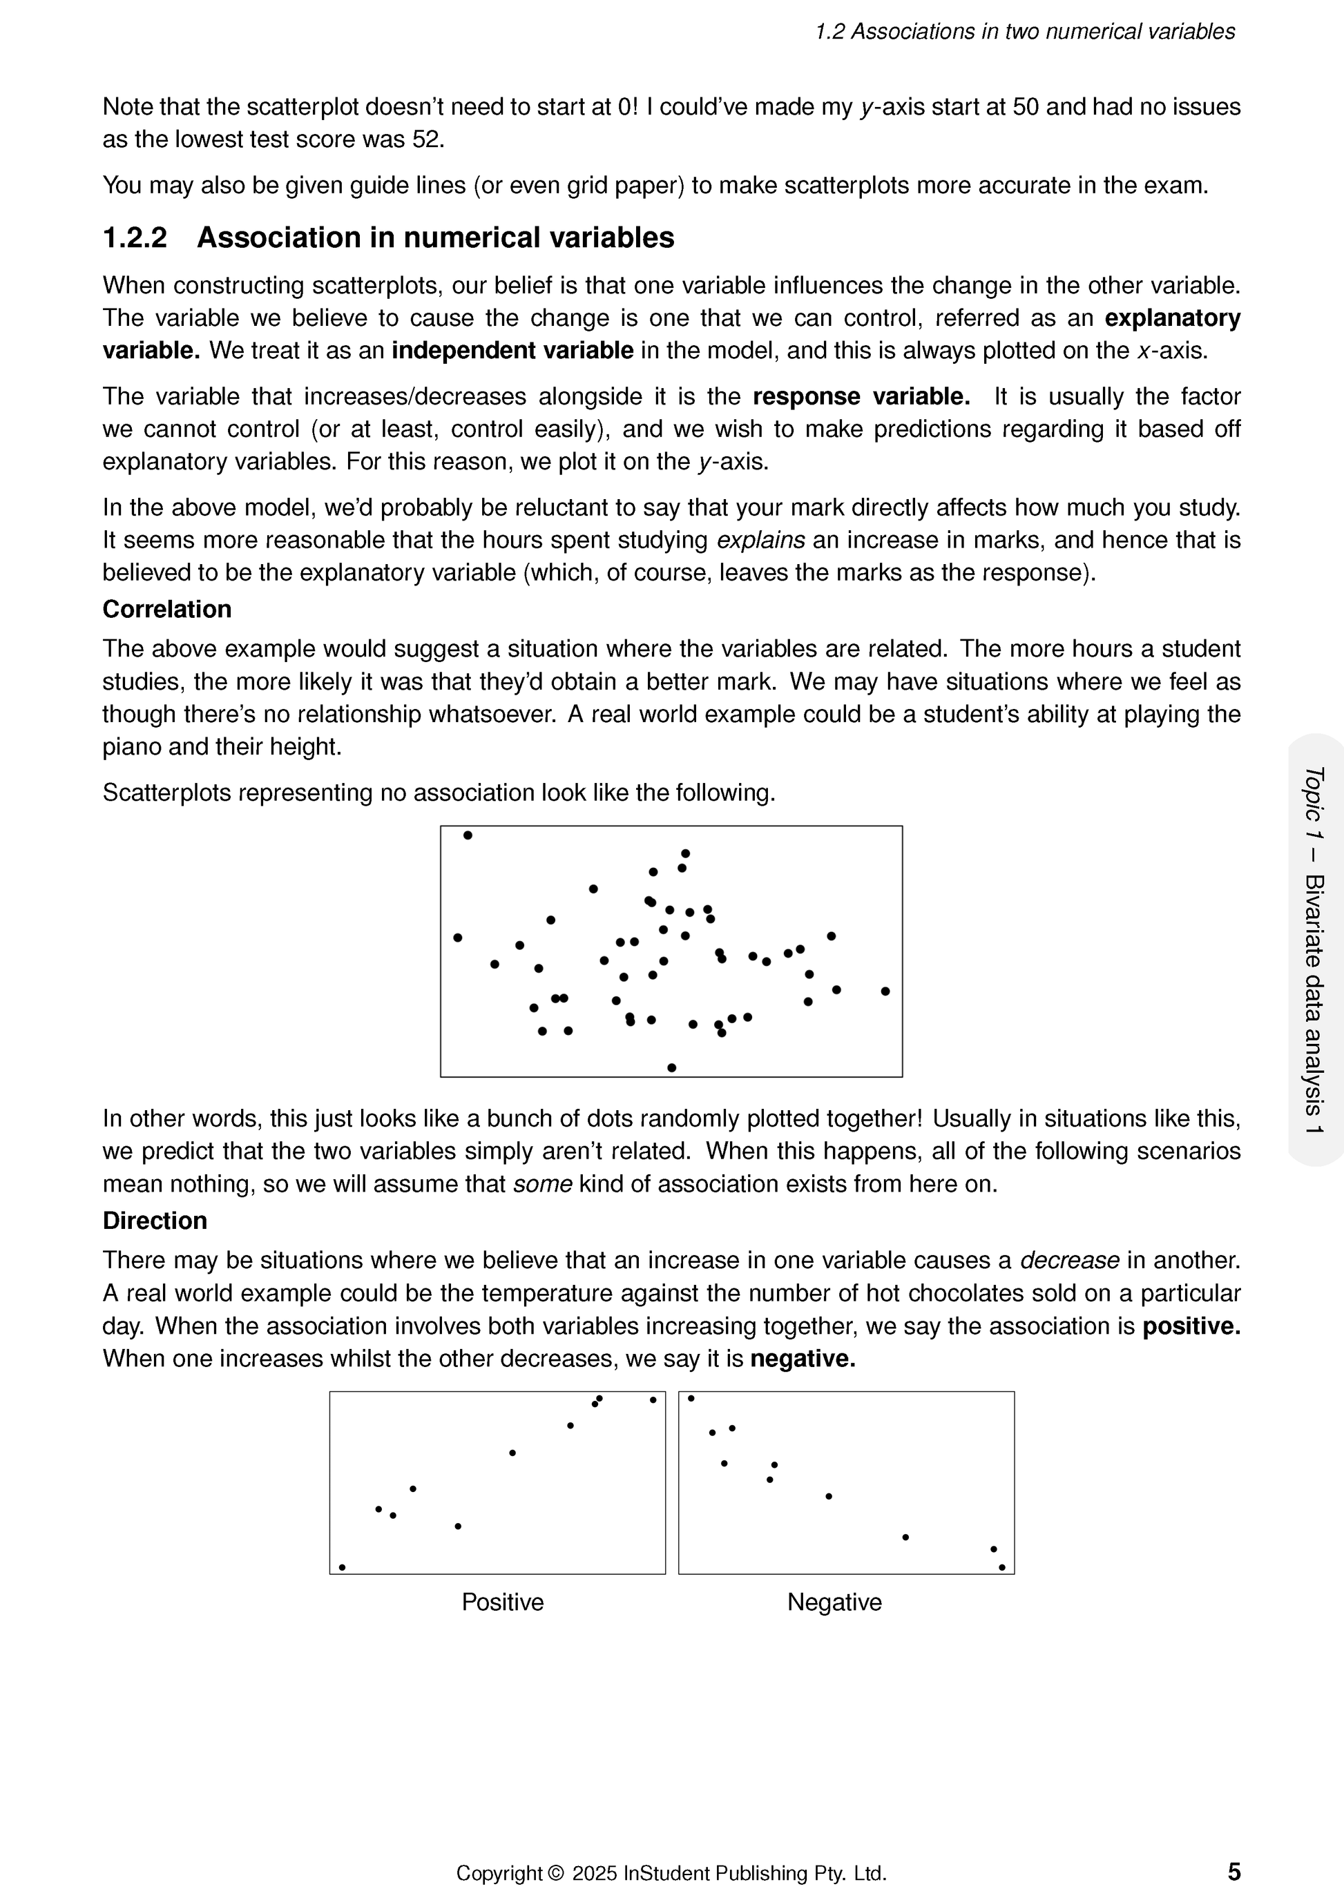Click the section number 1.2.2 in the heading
tap(135, 238)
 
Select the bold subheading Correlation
tap(166, 609)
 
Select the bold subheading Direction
tap(155, 1221)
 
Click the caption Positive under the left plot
tap(502, 1602)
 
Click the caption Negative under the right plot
tap(834, 1602)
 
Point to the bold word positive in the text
tap(1191, 1326)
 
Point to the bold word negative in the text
tap(802, 1359)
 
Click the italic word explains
tap(760, 541)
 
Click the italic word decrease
tap(1069, 1260)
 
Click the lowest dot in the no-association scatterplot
tap(671, 1067)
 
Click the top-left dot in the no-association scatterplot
tap(468, 835)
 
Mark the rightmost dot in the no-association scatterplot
tap(885, 991)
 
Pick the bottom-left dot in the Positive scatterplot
tap(342, 1567)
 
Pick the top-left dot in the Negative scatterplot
tap(691, 1399)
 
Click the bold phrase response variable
tap(861, 397)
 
